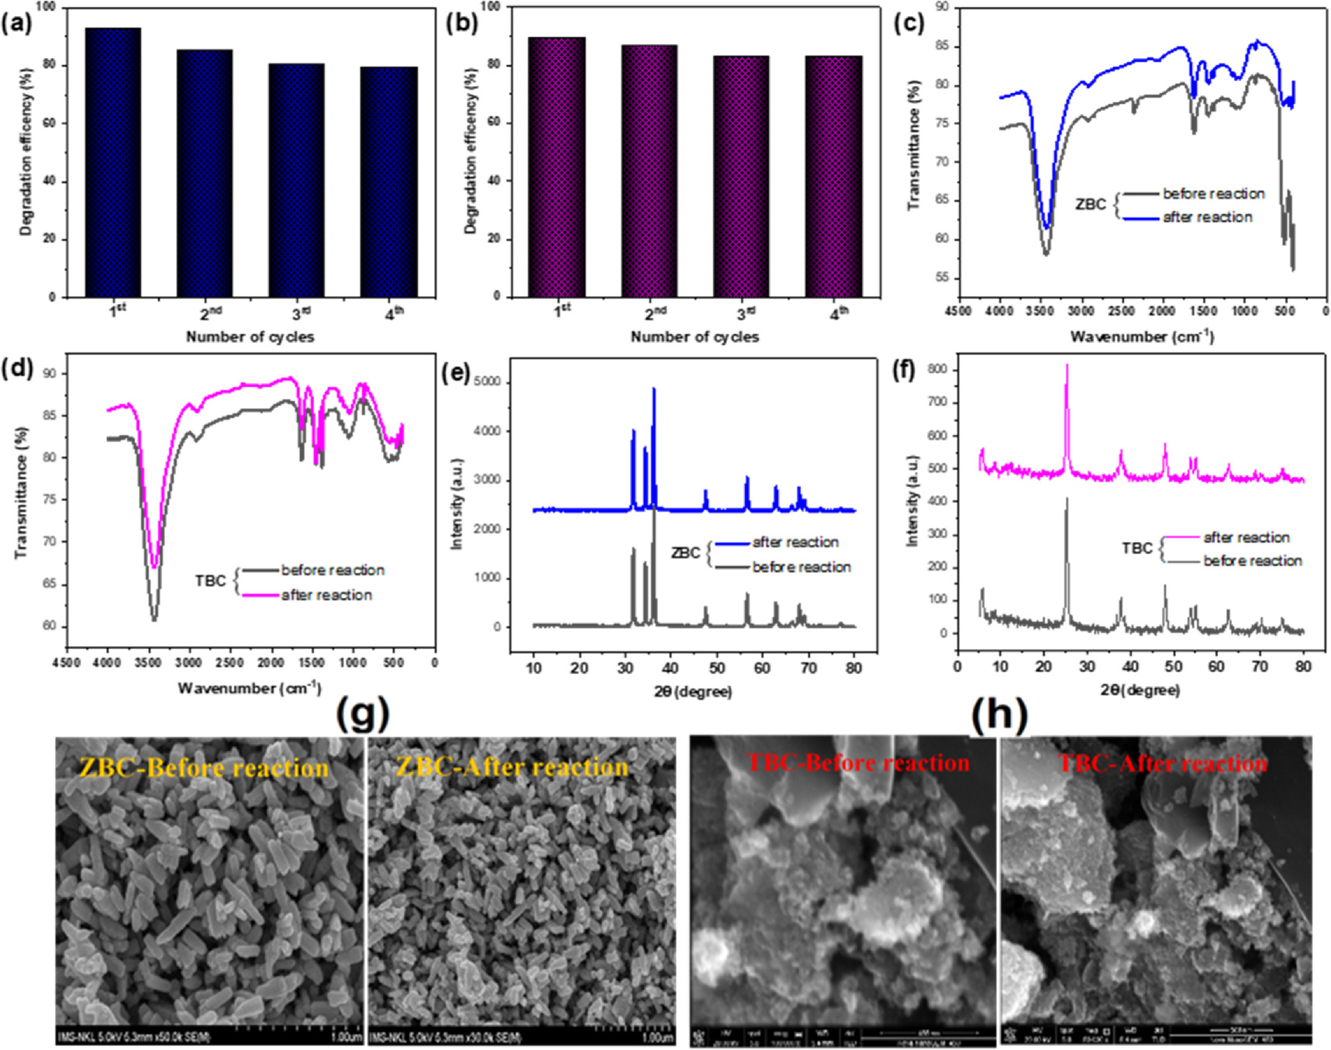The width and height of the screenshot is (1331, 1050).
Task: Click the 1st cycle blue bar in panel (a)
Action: coord(113,163)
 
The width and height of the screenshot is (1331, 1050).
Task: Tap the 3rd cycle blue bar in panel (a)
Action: coord(296,180)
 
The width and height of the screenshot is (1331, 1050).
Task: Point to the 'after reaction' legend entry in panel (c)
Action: coord(1207,218)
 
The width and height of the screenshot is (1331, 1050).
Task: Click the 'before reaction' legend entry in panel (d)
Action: coord(333,571)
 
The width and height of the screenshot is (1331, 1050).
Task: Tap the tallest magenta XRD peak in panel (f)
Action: coord(1067,366)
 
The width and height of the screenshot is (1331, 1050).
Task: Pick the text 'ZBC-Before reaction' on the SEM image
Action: coord(204,768)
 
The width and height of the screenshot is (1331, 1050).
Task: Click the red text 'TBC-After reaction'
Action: coord(1163,764)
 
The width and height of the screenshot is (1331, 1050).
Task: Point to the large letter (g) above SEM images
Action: coord(362,714)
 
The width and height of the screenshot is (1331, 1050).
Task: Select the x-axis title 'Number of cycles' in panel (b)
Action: coord(695,337)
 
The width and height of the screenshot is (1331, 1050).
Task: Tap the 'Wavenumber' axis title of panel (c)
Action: coord(1142,337)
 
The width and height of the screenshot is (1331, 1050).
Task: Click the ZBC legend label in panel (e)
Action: coord(685,554)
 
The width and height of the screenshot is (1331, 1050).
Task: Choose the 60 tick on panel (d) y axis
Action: coord(50,626)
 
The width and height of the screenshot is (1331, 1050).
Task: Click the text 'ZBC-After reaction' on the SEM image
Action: coord(512,768)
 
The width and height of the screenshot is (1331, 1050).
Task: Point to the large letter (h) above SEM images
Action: coord(998,714)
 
